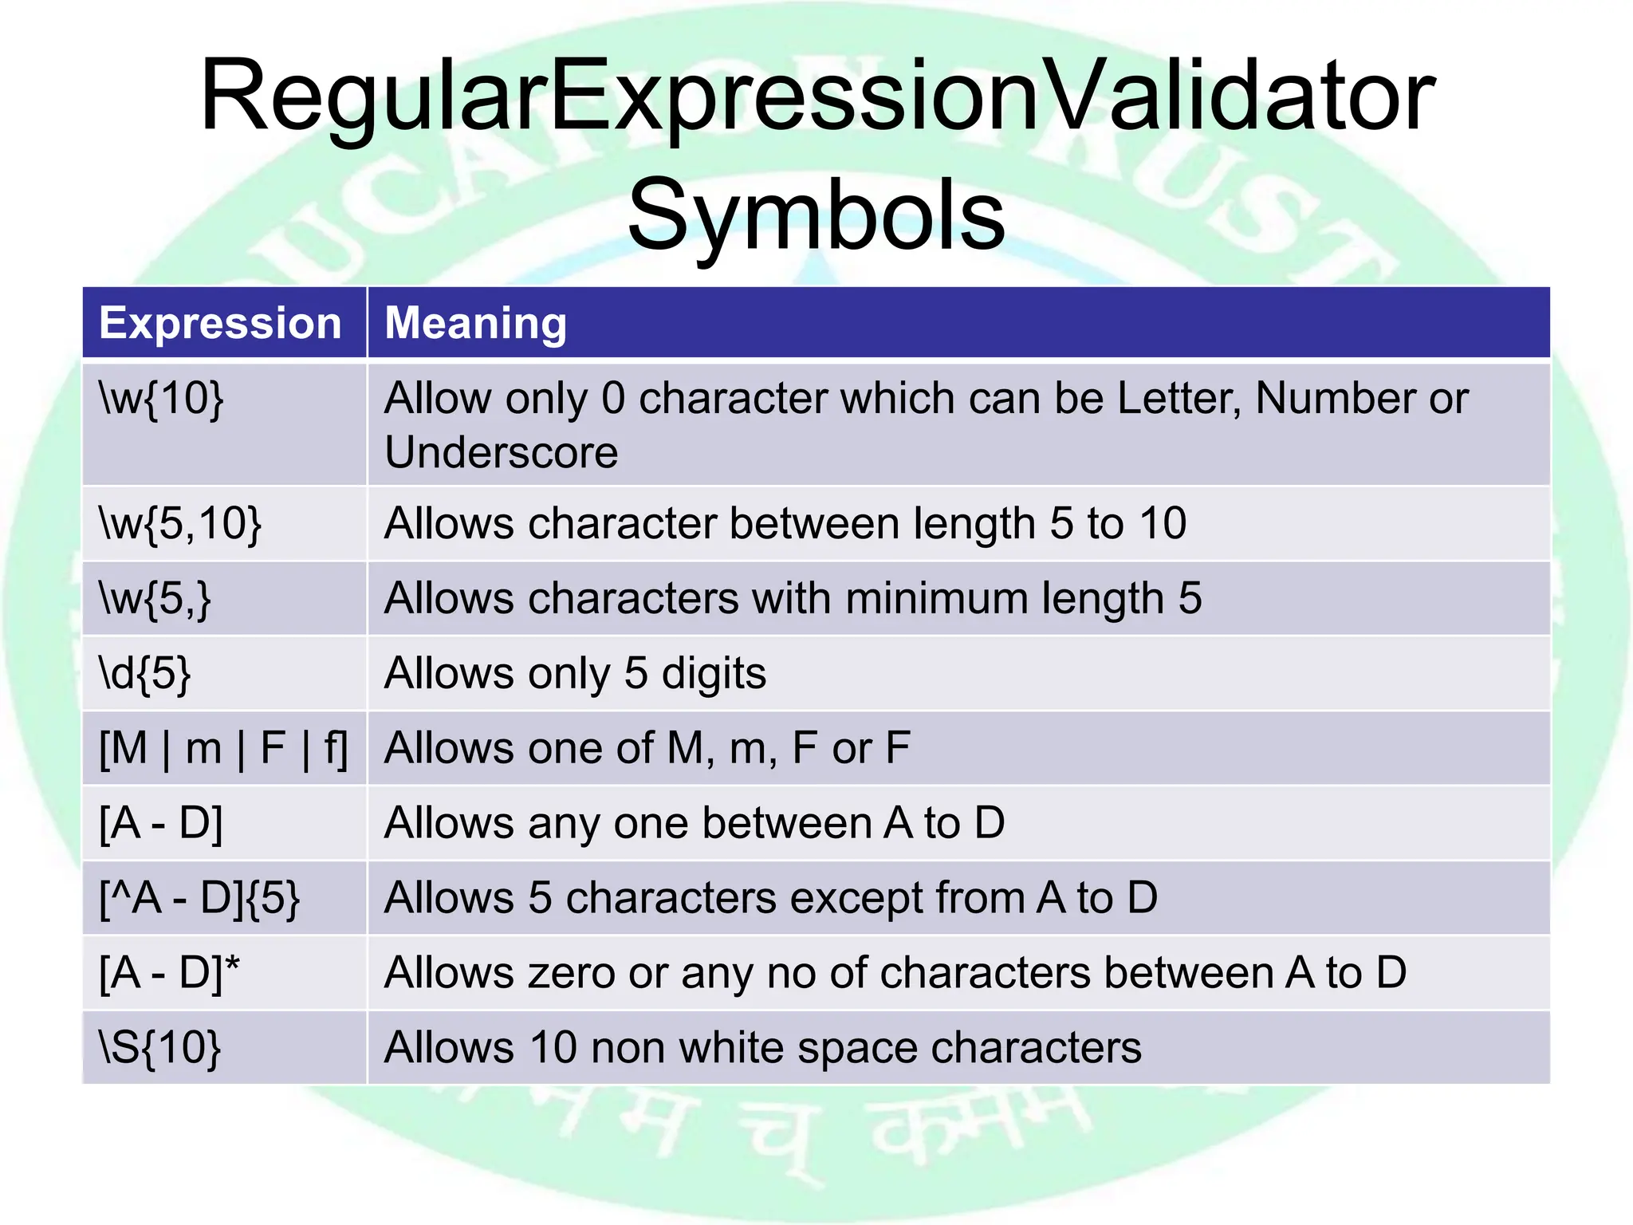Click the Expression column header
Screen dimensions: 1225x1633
220,323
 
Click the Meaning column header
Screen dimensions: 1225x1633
475,323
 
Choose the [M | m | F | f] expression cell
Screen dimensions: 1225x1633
223,748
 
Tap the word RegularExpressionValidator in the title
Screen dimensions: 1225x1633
816,96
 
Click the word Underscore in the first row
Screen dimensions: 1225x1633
501,452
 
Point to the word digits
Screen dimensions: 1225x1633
714,673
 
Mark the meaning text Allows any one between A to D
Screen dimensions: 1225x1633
694,823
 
